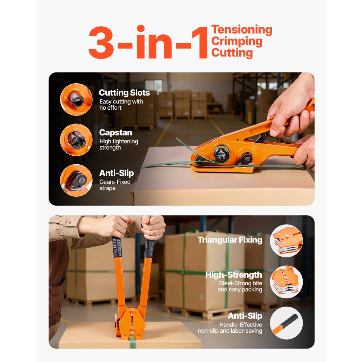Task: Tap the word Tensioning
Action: tap(241, 30)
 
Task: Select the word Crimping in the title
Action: tap(237, 41)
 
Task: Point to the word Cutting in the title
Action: tap(232, 53)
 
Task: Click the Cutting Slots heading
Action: tap(124, 93)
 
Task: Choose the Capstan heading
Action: tap(115, 133)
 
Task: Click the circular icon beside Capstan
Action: tap(76, 140)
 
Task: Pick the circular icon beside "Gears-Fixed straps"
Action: tap(76, 180)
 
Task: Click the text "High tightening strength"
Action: tap(119, 144)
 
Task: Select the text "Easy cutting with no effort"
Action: tap(121, 105)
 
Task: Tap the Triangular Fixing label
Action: tap(230, 240)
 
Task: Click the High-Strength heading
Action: tap(233, 275)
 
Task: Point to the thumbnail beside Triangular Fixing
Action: tap(286, 241)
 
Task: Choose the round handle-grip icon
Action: tap(286, 323)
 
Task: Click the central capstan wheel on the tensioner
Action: tap(221, 154)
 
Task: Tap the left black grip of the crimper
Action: tap(117, 248)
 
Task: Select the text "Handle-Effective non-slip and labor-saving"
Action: tap(230, 328)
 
